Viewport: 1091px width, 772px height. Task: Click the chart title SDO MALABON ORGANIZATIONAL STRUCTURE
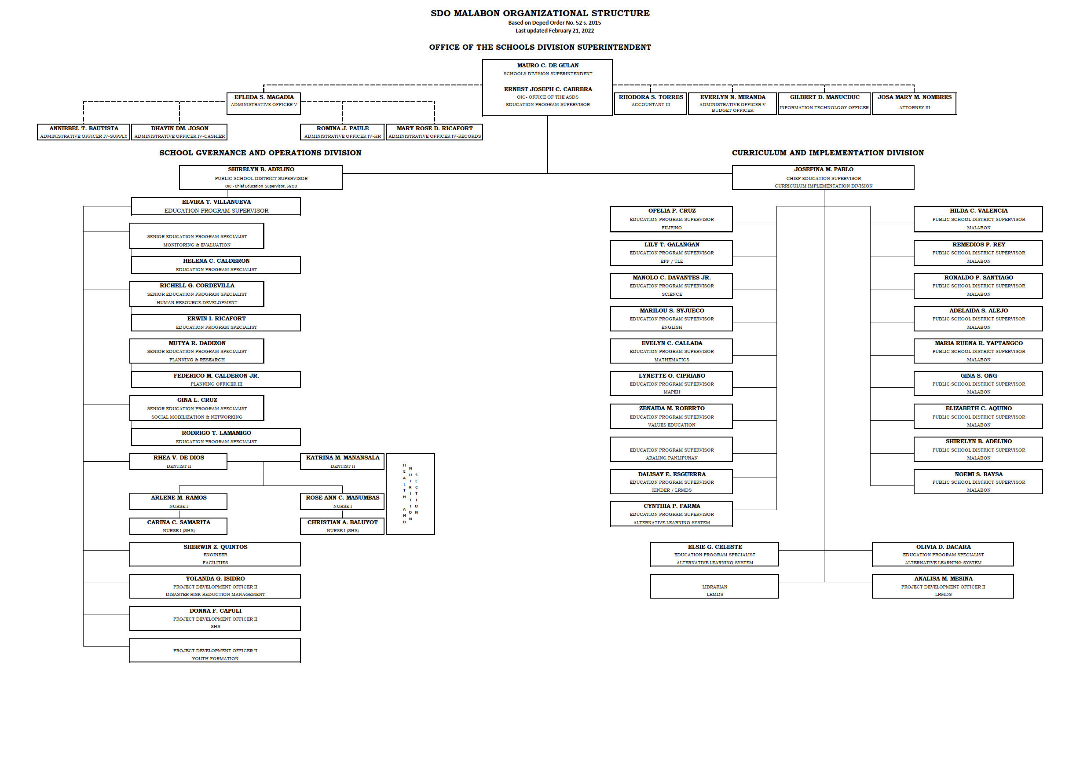coord(540,13)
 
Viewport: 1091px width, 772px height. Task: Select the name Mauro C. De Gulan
coord(547,66)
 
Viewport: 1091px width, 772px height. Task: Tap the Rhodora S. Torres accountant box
coord(650,103)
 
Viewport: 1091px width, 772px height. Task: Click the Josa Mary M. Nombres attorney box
coord(914,103)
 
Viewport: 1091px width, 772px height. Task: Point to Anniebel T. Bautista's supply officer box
coord(84,132)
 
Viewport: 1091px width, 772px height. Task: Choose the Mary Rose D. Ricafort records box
coord(434,132)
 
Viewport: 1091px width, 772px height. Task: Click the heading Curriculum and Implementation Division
coord(827,153)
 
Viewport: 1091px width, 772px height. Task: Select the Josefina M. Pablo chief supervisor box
coord(823,177)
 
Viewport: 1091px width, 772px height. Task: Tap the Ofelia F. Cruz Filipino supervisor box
coord(671,219)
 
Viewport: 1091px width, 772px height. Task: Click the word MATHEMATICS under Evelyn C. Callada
coord(671,360)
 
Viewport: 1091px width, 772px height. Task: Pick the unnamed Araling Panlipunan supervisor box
coord(671,449)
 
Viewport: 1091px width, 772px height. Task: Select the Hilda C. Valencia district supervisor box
coord(978,219)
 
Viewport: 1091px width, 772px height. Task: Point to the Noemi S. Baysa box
coord(978,482)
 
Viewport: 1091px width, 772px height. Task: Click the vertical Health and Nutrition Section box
coord(410,493)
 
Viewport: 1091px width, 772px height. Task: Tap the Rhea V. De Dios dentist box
coord(178,461)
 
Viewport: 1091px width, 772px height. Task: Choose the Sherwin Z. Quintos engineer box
coord(215,554)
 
